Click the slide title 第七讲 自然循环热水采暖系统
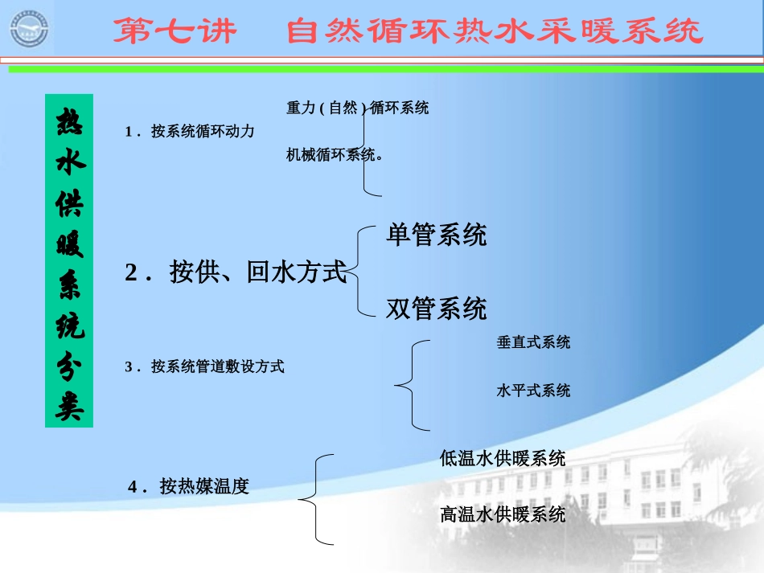click(x=408, y=32)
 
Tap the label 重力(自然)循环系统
click(x=357, y=108)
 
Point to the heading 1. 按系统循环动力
click(x=190, y=131)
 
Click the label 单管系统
click(x=436, y=235)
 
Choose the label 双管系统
click(x=436, y=308)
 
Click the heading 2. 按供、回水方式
click(x=236, y=273)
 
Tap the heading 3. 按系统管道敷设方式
click(x=205, y=366)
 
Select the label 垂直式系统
click(x=533, y=342)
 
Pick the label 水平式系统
click(x=533, y=391)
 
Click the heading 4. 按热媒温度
click(x=189, y=486)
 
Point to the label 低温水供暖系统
click(x=503, y=458)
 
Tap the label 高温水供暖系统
click(x=503, y=514)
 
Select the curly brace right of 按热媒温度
click(x=314, y=499)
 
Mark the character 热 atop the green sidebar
click(x=69, y=122)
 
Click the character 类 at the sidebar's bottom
click(x=69, y=407)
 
